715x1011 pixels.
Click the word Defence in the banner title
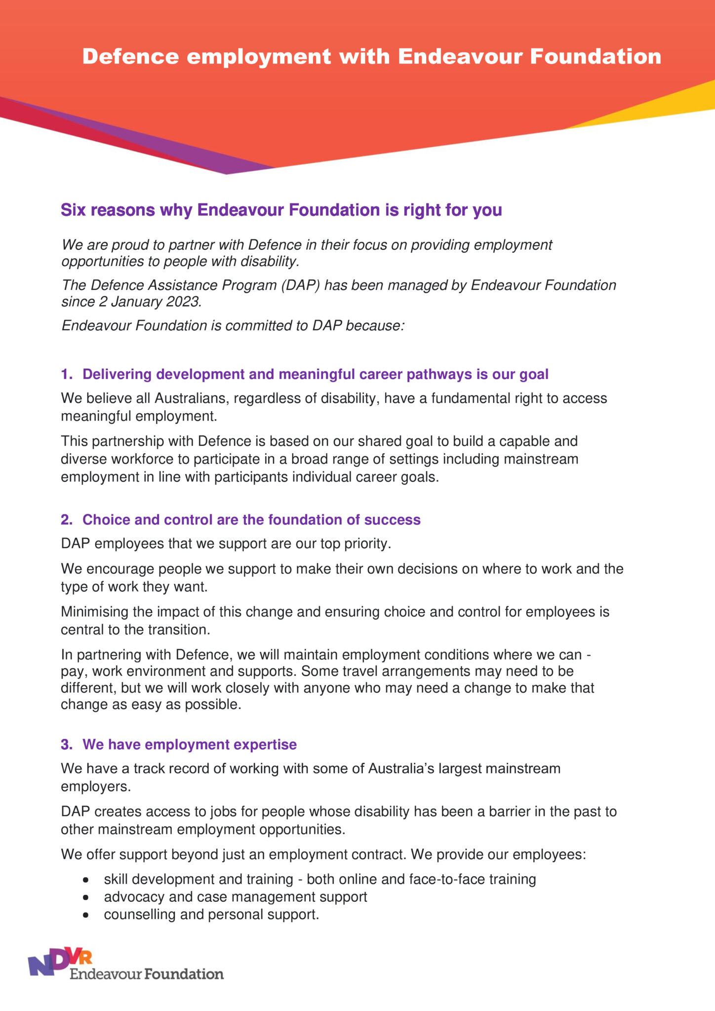click(130, 57)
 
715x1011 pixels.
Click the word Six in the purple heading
click(73, 210)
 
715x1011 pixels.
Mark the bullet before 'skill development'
click(86, 880)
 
